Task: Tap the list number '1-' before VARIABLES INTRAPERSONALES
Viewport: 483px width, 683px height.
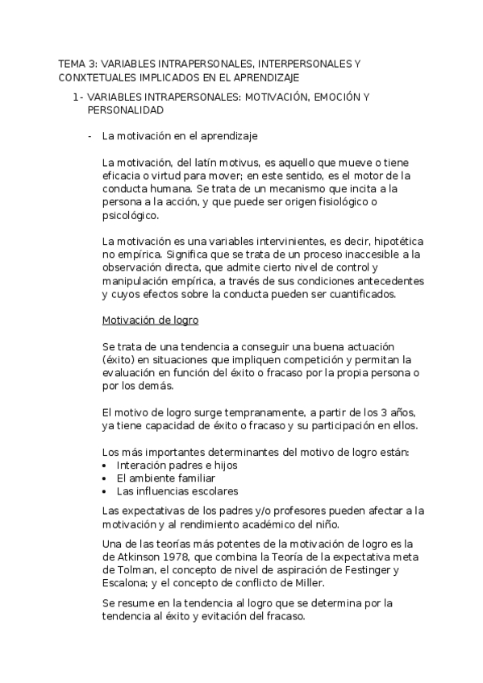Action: pyautogui.click(x=77, y=97)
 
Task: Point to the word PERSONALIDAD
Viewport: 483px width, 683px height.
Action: pyautogui.click(x=124, y=112)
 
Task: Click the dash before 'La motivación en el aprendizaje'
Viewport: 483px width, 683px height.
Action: pyautogui.click(x=90, y=136)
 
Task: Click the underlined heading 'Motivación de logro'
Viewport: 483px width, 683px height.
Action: pyautogui.click(x=150, y=320)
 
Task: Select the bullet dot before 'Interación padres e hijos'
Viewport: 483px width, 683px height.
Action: pyautogui.click(x=106, y=466)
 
